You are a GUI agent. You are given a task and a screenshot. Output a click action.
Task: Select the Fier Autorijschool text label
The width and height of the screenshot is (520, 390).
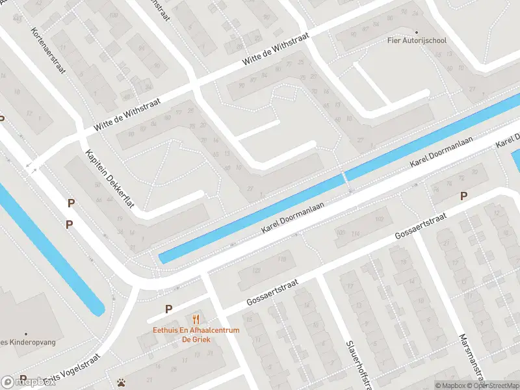pos(417,40)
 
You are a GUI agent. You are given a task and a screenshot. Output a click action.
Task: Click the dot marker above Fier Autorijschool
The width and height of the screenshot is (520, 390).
pos(417,31)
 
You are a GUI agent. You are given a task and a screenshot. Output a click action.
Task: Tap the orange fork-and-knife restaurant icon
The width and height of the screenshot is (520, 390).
pos(196,318)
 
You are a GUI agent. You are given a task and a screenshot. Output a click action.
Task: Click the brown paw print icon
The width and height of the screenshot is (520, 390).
pos(121,382)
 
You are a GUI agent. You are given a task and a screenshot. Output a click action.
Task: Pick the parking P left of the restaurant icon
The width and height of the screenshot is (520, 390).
pos(168,309)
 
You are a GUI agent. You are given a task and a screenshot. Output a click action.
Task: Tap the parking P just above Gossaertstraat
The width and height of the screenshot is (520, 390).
pos(463,196)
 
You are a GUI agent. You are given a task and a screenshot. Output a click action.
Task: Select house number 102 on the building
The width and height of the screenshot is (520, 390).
pos(379,219)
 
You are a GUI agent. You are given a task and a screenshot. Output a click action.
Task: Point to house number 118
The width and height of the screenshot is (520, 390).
pos(281,259)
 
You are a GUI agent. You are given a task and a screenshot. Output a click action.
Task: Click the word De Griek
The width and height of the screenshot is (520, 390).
pos(196,339)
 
